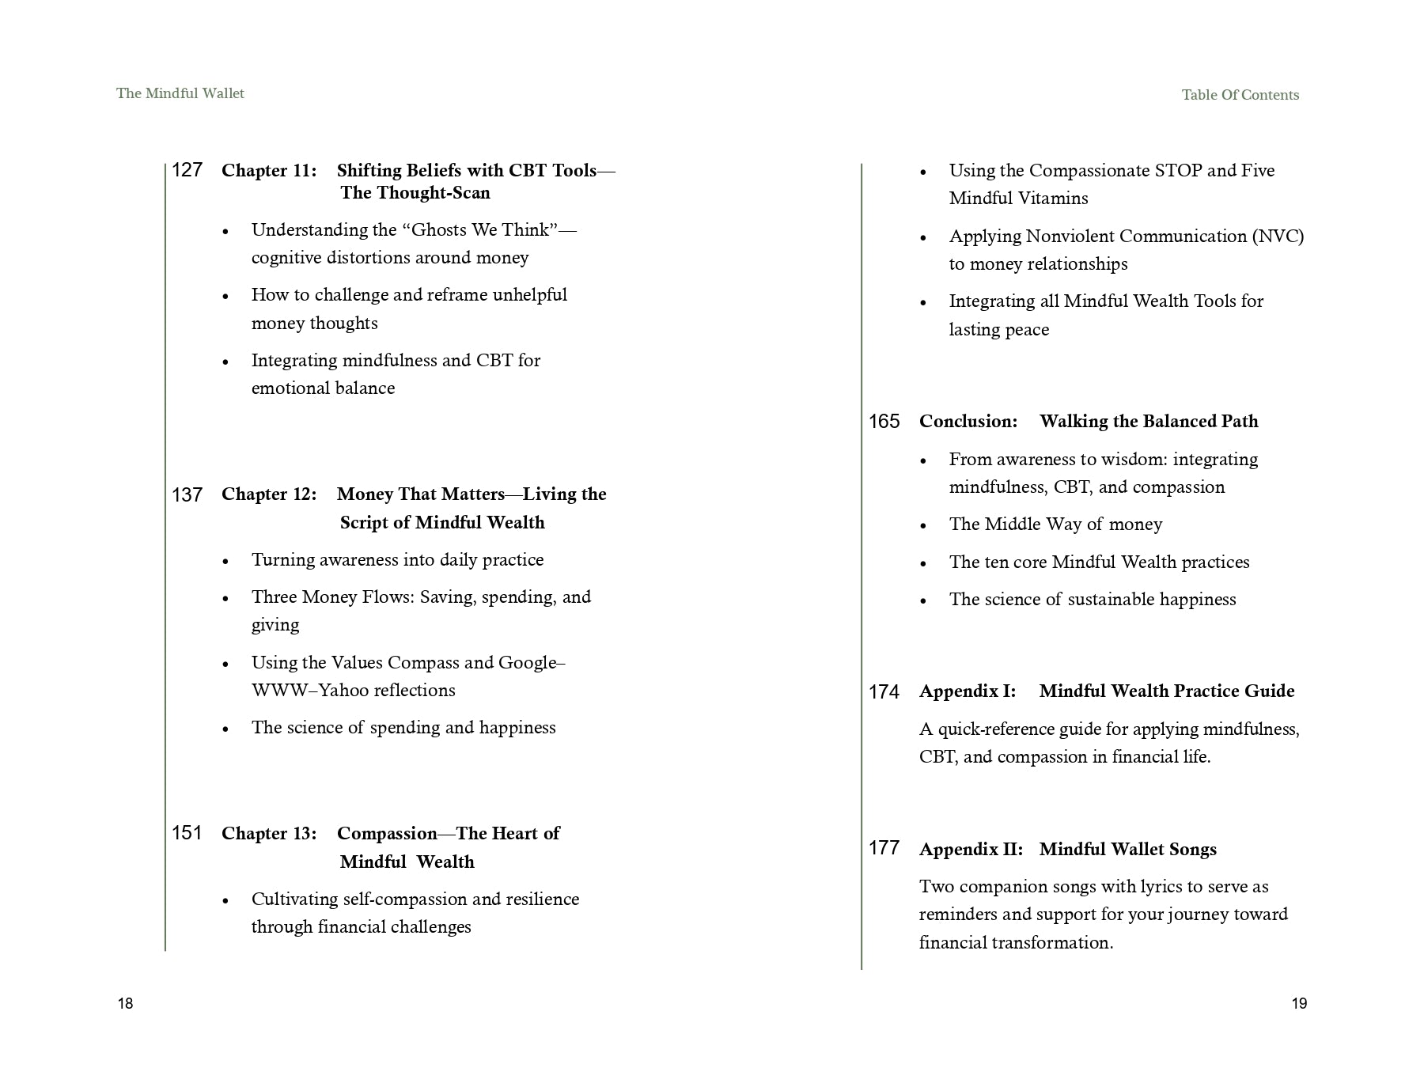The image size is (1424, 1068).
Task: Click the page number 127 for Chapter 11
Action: coord(187,170)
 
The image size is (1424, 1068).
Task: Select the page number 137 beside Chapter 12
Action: coord(187,495)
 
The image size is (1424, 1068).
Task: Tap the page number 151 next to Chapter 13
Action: coord(187,833)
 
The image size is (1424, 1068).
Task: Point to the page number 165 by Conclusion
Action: coord(884,422)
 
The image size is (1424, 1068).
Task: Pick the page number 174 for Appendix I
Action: coord(884,692)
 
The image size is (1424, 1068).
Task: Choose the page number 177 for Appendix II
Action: coord(884,848)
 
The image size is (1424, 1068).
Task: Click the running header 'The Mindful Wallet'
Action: coord(180,93)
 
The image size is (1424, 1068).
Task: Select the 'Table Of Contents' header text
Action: coord(1240,95)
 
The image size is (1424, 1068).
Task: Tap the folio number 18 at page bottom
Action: coord(126,1004)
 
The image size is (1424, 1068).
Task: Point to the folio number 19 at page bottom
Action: coord(1299,1004)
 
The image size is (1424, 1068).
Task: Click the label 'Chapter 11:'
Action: coord(269,171)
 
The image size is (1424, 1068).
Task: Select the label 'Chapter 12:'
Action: coord(269,494)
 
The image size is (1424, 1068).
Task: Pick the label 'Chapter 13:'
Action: coord(269,834)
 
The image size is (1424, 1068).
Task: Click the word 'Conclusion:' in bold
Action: coord(968,422)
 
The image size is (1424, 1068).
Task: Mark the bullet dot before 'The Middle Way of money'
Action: coord(923,525)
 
